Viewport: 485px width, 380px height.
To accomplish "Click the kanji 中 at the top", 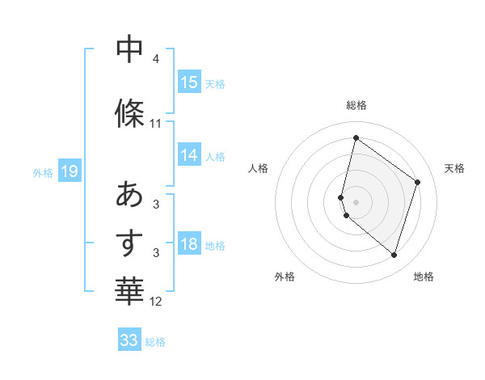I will coord(129,49).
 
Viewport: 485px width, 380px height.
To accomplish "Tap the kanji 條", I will coord(129,113).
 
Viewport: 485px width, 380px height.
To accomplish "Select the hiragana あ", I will coord(129,195).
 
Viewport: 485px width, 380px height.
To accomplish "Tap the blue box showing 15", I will coord(189,82).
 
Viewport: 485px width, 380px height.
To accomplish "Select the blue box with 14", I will coord(189,156).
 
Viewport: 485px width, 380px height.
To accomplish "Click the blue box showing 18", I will coord(189,245).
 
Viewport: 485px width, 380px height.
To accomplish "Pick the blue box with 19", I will coord(69,171).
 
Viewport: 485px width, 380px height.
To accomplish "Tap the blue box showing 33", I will coord(129,340).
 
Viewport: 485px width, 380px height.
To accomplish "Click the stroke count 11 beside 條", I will coord(155,124).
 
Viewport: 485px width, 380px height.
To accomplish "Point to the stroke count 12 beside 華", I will coord(155,302).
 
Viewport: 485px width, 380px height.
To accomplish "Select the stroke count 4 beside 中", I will coord(155,59).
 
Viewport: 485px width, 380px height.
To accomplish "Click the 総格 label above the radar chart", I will coord(356,105).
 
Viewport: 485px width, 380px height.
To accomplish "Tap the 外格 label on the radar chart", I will coord(285,277).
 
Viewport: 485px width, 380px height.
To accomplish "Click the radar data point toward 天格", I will coord(418,182).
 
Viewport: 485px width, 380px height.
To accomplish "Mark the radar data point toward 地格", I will coord(394,255).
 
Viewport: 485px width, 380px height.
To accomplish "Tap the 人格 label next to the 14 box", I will coord(215,157).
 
